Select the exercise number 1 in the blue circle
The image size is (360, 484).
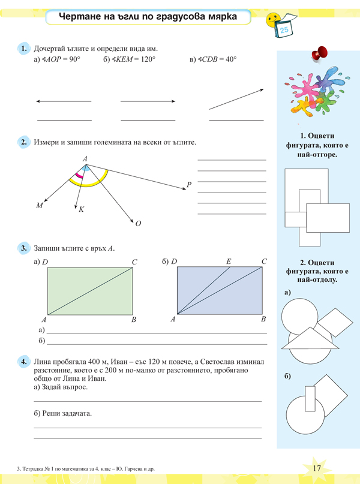24,48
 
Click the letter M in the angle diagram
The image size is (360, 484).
40,206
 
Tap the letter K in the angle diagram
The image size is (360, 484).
81,210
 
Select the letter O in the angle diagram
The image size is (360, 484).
138,224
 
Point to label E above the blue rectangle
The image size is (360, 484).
229,261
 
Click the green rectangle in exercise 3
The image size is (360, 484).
90,291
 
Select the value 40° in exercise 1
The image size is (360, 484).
230,59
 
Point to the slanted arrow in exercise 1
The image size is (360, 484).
236,100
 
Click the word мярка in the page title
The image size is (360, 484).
218,18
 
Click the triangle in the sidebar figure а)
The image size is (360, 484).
310,339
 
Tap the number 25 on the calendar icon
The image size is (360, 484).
284,29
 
